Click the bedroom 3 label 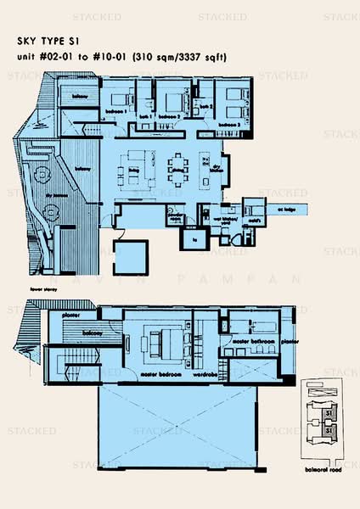click(225, 123)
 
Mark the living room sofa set click(138, 163)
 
